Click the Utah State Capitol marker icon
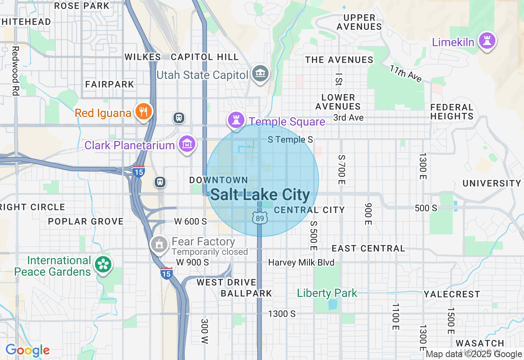[x=260, y=74]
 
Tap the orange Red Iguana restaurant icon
[x=143, y=111]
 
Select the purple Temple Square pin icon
[x=236, y=120]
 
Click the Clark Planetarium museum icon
[x=187, y=144]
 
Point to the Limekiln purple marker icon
[x=487, y=41]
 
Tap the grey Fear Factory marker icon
[x=159, y=244]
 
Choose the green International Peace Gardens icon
[x=103, y=265]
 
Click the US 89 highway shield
[x=260, y=218]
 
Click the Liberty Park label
[x=327, y=293]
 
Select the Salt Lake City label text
[x=260, y=195]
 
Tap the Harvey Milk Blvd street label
[x=301, y=263]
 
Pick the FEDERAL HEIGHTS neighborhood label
[x=452, y=112]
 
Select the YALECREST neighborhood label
[x=452, y=294]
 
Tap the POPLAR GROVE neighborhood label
[x=86, y=221]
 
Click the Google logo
[x=27, y=350]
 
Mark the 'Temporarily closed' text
[x=210, y=252]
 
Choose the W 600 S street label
[x=190, y=221]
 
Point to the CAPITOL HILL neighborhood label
[x=205, y=57]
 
